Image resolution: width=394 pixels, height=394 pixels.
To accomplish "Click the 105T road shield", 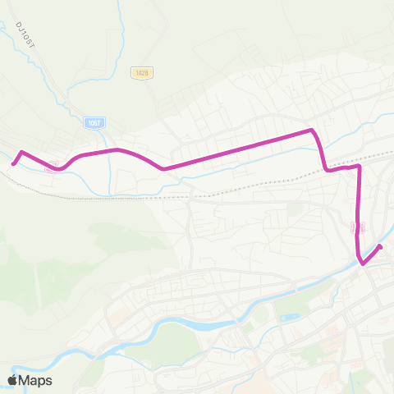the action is pos(93,121).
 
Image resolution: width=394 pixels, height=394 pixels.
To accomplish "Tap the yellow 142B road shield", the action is pos(140,73).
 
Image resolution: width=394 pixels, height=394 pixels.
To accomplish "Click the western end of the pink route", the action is pos(13,163).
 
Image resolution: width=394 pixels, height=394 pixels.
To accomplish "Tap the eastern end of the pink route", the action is pos(381,245).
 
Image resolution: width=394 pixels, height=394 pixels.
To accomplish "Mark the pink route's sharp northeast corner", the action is pos(312,130).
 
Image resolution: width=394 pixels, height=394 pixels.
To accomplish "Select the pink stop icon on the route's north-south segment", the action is pos(356,226).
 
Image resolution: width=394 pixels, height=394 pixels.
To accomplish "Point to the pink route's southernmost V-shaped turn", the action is pos(363,263).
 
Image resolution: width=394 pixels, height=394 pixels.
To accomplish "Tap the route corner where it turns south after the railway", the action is pos(360,167).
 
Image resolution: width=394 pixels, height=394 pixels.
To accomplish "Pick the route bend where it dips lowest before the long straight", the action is pos(164,169).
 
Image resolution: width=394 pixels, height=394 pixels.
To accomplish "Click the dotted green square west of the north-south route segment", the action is pos(295,208).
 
